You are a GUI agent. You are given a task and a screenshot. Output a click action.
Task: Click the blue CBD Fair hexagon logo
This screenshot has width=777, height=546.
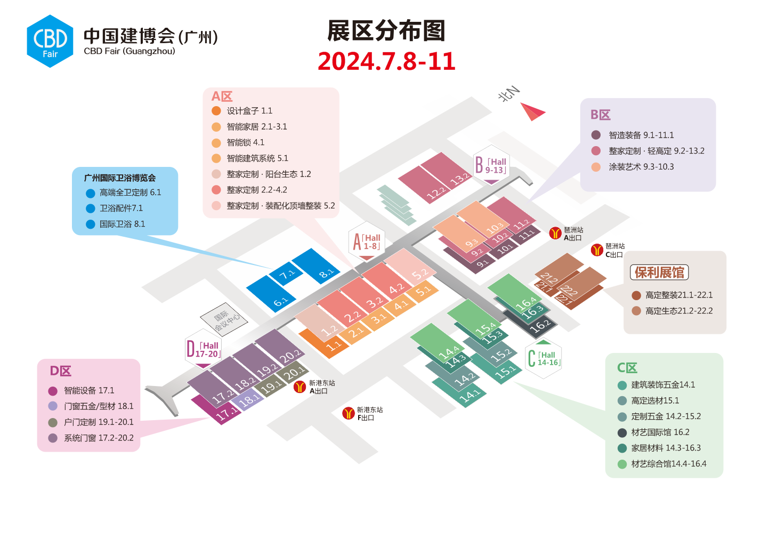pos(50,41)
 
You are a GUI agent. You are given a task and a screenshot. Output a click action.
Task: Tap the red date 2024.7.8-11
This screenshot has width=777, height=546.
pos(386,61)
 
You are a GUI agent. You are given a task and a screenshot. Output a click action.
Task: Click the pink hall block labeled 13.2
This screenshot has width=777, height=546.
pos(448,171)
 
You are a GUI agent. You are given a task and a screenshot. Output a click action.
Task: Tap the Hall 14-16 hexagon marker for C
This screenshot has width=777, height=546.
pos(543,358)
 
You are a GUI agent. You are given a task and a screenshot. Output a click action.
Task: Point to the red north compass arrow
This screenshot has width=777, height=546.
pos(532,111)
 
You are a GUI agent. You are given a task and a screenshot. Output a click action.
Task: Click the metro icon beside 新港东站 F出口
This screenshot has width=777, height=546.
pos(349,413)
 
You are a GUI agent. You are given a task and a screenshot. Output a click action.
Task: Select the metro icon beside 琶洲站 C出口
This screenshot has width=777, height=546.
pos(597,250)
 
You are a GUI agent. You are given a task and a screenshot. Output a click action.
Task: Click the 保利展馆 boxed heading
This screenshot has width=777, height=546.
pos(659,272)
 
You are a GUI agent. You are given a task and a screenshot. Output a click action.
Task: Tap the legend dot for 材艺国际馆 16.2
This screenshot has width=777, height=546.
pos(622,432)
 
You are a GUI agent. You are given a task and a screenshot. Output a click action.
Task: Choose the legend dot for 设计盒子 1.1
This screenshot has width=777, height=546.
pos(216,111)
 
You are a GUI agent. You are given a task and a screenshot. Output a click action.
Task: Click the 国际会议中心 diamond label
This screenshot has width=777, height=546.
pos(224,319)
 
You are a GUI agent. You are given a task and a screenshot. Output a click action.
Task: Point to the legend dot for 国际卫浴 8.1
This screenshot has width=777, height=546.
pos(91,224)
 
